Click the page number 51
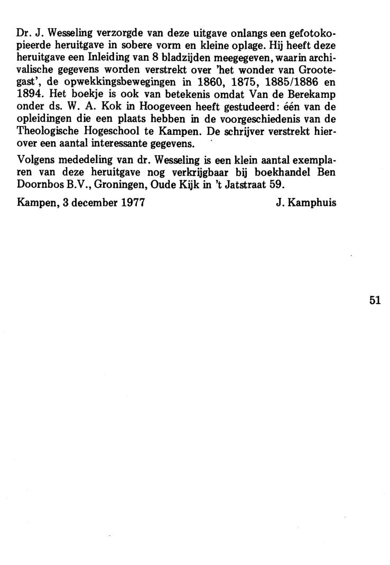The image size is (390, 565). tap(375, 300)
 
